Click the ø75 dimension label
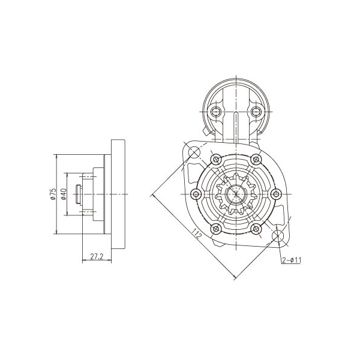[x=53, y=194]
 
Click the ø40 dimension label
[x=64, y=194]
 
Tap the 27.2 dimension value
[x=97, y=256]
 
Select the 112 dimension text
[x=197, y=233]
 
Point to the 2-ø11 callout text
[x=292, y=260]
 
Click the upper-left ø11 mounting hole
[x=194, y=152]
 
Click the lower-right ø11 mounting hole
[x=278, y=236]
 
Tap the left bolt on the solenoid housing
[x=216, y=112]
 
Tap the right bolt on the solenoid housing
[x=256, y=112]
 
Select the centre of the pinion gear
[x=236, y=194]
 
